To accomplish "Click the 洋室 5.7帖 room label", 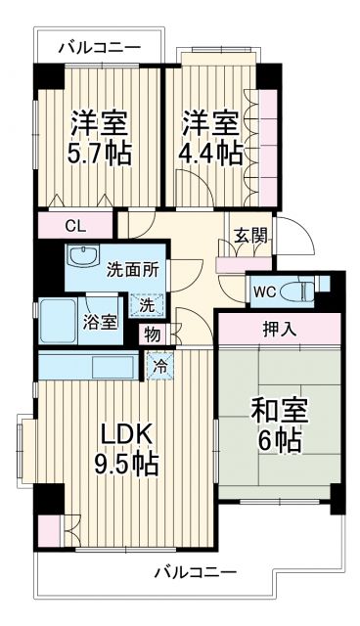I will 100,139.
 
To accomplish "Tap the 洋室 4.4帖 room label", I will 210,139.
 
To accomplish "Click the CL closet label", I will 75,225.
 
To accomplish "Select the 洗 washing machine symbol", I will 144,305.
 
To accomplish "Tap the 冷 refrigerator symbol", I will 158,369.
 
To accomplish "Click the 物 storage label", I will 154,334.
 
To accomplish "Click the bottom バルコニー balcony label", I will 195,573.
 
